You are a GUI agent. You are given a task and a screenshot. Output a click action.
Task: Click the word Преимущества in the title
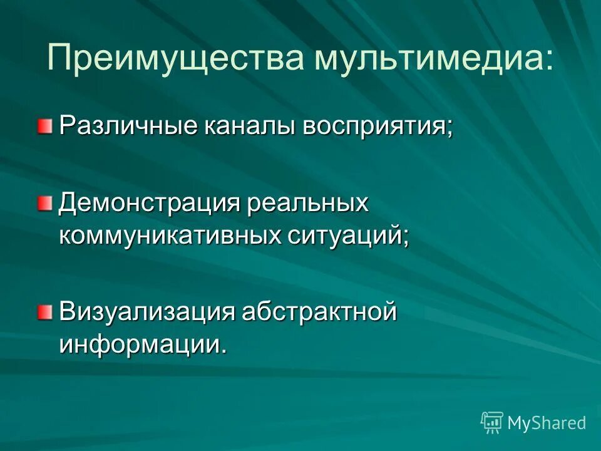coord(177,58)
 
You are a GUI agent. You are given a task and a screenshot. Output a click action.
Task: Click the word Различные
coord(126,125)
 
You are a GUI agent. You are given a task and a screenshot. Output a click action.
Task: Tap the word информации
coord(138,344)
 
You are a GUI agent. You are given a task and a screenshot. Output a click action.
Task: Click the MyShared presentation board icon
coord(492,422)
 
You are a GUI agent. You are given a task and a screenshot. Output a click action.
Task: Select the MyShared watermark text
coord(547,423)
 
